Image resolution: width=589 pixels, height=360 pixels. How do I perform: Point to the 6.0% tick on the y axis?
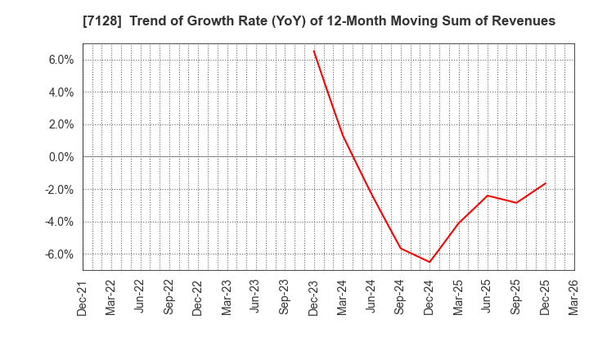tap(61, 60)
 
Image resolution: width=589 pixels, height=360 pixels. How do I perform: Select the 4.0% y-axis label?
tap(61, 92)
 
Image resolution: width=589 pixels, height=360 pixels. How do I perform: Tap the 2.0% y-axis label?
tap(61, 124)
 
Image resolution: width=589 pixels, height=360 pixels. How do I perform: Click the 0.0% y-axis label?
tap(61, 157)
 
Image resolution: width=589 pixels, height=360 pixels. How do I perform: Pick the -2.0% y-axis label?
tap(59, 190)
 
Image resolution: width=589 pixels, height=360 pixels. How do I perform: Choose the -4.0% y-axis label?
tap(59, 222)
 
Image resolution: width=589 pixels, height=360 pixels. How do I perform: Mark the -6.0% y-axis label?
tap(59, 254)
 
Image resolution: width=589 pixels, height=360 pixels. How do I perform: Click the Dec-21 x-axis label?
tap(83, 298)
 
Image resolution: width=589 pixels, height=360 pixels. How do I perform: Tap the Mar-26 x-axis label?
tap(574, 298)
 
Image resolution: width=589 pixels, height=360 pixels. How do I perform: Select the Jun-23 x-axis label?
tap(256, 298)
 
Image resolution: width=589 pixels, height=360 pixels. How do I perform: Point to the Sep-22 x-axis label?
tap(169, 298)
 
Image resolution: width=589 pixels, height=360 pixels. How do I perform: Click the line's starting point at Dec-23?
tap(313, 51)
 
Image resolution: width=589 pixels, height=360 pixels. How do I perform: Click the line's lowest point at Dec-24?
tap(429, 262)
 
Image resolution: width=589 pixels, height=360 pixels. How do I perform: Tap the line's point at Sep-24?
tap(400, 248)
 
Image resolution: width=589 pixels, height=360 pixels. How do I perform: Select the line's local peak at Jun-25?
tap(488, 196)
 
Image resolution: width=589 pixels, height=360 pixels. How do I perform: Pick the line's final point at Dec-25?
tap(545, 183)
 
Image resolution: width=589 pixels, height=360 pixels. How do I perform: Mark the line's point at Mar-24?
tap(343, 135)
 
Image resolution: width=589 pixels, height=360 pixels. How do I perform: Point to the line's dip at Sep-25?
tap(516, 203)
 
